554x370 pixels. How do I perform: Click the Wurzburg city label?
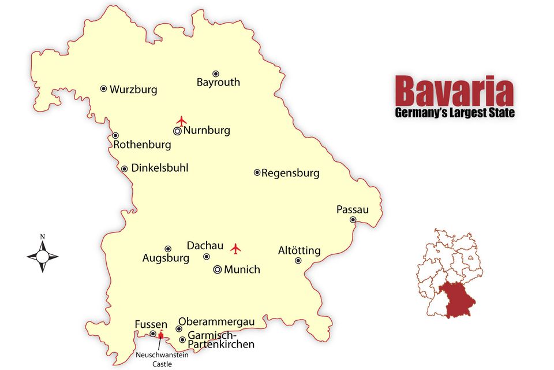[x=133, y=90]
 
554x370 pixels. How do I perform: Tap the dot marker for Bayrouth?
[x=216, y=74]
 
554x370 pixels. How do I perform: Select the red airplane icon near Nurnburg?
[x=182, y=121]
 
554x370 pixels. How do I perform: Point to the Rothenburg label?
[x=142, y=145]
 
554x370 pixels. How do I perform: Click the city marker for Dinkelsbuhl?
[x=124, y=169]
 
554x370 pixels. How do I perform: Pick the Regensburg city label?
[x=290, y=173]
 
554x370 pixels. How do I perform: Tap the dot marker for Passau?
[x=353, y=220]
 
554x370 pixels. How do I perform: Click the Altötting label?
[x=299, y=250]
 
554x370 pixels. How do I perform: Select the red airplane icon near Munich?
[x=235, y=249]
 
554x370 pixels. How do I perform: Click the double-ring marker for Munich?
[x=218, y=269]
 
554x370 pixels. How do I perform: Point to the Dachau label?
[x=205, y=246]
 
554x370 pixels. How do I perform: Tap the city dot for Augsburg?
[x=168, y=249]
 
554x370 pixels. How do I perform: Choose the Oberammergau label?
[x=216, y=321]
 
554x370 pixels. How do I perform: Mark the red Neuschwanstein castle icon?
[x=160, y=335]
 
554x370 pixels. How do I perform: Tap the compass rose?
[x=43, y=255]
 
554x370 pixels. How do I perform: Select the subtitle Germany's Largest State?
[x=454, y=112]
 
